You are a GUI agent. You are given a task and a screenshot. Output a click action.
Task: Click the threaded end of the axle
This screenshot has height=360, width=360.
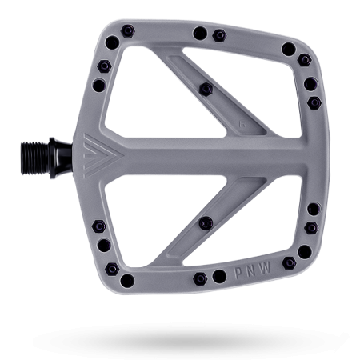34,158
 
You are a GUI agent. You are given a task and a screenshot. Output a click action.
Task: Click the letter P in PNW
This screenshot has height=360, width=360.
238,273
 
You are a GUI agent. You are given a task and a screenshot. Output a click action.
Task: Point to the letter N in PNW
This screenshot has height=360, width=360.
250,270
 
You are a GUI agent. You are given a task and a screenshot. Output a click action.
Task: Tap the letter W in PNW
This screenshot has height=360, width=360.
265,267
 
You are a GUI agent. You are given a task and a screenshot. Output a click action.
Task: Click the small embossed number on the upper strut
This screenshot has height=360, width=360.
242,124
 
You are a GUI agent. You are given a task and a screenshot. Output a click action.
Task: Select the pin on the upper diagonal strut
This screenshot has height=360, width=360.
206,89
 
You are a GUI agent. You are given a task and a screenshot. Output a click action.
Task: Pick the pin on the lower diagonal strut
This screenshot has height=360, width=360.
206,223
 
